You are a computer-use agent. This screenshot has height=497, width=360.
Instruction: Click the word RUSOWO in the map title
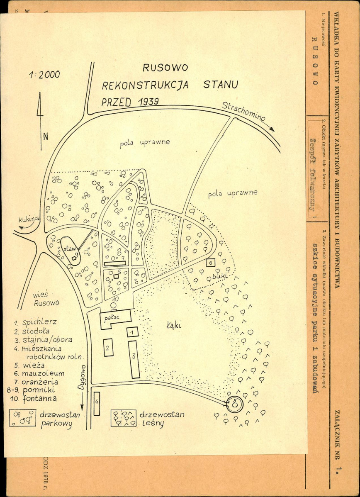[x=165, y=68]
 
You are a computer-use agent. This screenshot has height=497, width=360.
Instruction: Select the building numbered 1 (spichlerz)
[x=132, y=332]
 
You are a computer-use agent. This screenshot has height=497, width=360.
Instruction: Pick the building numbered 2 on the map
[x=107, y=348]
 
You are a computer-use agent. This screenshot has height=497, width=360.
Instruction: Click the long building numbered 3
[x=134, y=359]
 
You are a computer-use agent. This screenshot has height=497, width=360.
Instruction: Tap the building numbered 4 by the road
[x=96, y=403]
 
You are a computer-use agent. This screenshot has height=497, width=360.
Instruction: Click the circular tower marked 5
[x=235, y=402]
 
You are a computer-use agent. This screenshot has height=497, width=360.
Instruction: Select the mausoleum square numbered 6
[x=210, y=263]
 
